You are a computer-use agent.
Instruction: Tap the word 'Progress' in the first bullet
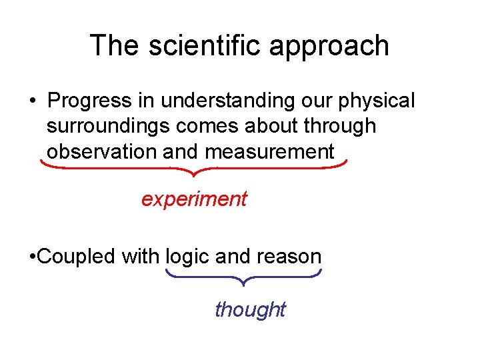click(90, 101)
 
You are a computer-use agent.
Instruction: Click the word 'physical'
click(377, 101)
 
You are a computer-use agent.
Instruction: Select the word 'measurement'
click(269, 151)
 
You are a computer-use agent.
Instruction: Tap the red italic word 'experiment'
click(194, 199)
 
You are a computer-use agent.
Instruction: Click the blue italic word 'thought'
click(250, 309)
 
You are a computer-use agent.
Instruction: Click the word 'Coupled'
click(77, 257)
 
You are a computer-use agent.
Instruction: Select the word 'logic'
click(189, 257)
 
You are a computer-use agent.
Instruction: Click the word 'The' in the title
click(115, 46)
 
